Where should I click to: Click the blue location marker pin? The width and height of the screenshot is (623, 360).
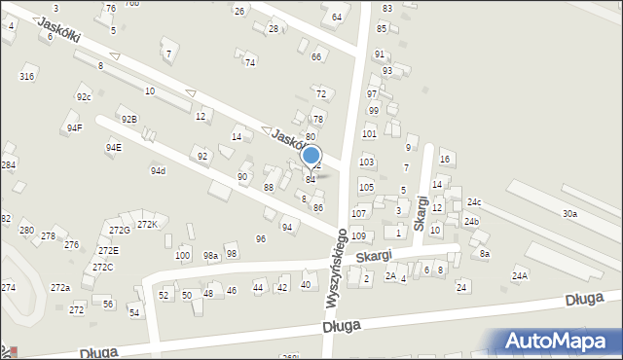pyautogui.click(x=311, y=156)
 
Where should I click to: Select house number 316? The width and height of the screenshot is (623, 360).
pyautogui.click(x=27, y=76)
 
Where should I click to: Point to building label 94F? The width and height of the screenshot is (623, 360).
pyautogui.click(x=75, y=127)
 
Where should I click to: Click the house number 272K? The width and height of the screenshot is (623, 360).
pyautogui.click(x=146, y=225)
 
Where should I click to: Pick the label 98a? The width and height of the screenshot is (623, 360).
pyautogui.click(x=210, y=255)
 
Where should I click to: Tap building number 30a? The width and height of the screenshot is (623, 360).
pyautogui.click(x=569, y=213)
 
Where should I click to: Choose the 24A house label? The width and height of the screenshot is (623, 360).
pyautogui.click(x=520, y=276)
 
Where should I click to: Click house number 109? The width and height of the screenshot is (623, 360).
pyautogui.click(x=358, y=236)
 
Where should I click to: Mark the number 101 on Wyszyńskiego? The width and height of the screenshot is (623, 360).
pyautogui.click(x=369, y=133)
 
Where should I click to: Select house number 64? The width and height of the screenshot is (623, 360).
pyautogui.click(x=337, y=18)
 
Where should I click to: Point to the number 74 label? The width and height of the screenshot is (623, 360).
pyautogui.click(x=250, y=62)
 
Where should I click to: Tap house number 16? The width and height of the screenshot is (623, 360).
pyautogui.click(x=445, y=159)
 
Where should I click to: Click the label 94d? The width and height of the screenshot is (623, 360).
pyautogui.click(x=158, y=171)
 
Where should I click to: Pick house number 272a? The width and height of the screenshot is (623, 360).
pyautogui.click(x=60, y=288)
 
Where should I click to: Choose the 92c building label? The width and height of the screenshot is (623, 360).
pyautogui.click(x=84, y=97)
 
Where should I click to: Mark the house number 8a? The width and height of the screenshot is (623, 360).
pyautogui.click(x=484, y=254)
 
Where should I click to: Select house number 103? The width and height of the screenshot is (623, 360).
pyautogui.click(x=366, y=162)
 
